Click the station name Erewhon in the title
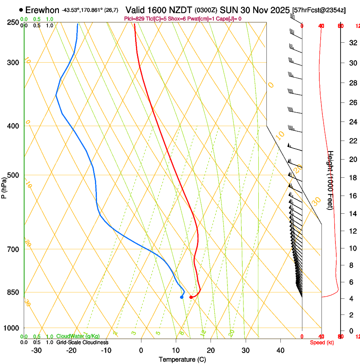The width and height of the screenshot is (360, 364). (42, 10)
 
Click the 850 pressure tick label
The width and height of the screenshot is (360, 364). (12, 292)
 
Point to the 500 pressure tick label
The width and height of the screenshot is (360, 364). (12, 175)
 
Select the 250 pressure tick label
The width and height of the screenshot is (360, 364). (12, 22)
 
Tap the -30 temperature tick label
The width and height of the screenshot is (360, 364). (36, 350)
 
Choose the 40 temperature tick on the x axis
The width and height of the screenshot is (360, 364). (280, 350)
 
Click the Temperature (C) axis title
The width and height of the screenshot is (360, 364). (182, 359)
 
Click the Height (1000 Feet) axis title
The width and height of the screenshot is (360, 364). (331, 180)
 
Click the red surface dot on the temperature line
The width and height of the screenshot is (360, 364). (191, 297)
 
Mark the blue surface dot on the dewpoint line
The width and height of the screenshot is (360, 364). (182, 297)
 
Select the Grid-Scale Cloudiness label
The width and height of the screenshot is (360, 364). (82, 342)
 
